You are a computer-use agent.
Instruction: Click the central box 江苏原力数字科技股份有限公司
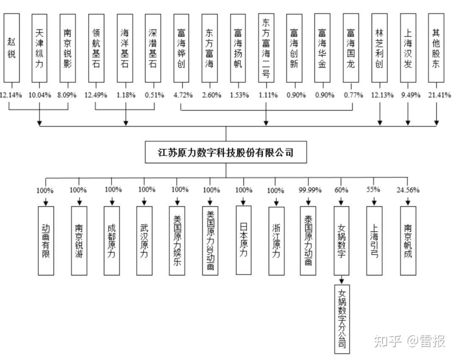tap(226, 152)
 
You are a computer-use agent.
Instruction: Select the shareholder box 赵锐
tap(11, 48)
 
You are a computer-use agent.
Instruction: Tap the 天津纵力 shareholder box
tap(40, 48)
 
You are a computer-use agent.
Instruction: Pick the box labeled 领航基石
tap(96, 48)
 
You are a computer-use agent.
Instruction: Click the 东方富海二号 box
tap(266, 48)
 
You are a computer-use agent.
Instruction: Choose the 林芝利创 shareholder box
tap(379, 48)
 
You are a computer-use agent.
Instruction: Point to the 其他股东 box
tap(436, 48)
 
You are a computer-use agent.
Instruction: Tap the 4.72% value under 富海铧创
tap(181, 95)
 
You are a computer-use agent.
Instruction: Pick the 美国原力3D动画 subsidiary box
tap(210, 241)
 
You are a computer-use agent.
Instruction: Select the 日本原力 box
tap(243, 240)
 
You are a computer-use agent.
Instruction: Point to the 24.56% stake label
tap(408, 190)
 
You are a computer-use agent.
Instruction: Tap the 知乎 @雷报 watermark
tap(409, 341)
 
